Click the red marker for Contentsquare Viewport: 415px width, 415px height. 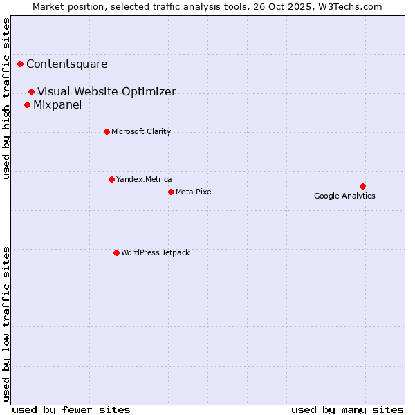click(21, 64)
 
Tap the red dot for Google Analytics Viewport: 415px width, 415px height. click(362, 186)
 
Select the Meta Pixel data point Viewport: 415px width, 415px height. click(171, 192)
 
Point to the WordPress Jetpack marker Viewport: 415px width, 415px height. click(116, 252)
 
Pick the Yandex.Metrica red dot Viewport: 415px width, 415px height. click(111, 179)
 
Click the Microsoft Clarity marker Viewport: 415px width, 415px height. click(107, 131)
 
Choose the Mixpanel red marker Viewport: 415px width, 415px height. click(27, 104)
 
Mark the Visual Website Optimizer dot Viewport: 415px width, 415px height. click(31, 91)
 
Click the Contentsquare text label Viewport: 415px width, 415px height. click(67, 64)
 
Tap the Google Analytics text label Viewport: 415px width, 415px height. click(344, 196)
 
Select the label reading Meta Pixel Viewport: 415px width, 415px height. click(194, 192)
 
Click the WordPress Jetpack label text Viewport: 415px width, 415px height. click(155, 252)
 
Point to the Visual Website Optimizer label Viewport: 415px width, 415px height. click(107, 91)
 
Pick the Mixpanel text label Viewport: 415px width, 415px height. click(57, 105)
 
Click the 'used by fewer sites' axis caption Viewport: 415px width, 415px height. click(71, 409)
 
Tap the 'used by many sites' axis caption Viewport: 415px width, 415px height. click(347, 409)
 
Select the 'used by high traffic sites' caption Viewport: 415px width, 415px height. click(7, 98)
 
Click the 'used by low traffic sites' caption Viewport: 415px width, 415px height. click(7, 324)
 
